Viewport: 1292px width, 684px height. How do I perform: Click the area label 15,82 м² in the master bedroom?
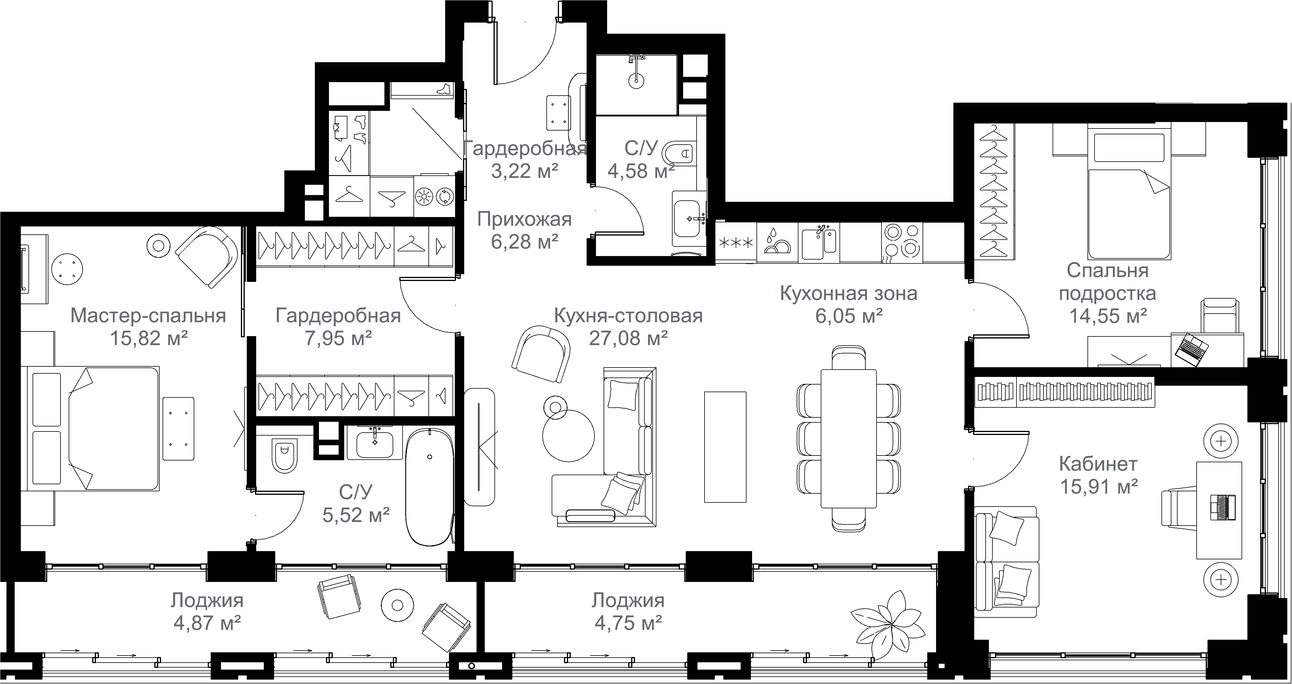149,338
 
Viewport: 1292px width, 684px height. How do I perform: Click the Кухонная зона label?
849,293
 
